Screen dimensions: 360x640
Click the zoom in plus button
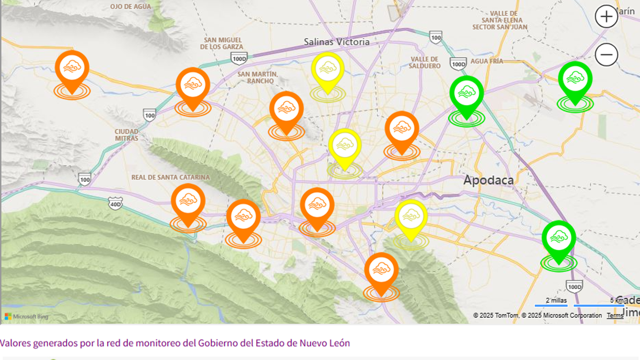[606, 17]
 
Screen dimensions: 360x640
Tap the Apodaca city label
[488, 180]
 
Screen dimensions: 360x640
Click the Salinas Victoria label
[337, 42]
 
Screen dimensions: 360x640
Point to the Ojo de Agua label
[131, 7]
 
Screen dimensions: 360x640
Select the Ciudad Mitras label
[127, 134]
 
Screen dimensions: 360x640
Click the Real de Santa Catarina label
[171, 177]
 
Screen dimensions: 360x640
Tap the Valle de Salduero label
[425, 62]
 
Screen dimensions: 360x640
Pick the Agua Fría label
[487, 61]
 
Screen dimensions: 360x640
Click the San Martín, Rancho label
[258, 77]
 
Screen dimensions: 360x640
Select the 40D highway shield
[115, 204]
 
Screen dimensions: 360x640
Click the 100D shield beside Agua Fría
[458, 64]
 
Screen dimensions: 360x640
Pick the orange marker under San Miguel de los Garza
[193, 87]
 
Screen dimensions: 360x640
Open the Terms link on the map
[614, 316]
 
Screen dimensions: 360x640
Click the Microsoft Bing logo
[26, 317]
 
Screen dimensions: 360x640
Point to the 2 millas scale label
[556, 301]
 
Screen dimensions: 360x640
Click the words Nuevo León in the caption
[325, 343]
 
